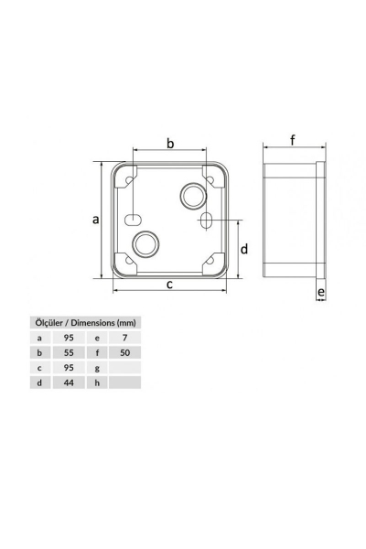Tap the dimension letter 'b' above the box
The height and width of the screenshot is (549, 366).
pos(169,143)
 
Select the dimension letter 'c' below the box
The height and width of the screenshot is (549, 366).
pos(169,285)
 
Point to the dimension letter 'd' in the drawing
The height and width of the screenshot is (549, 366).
pos(244,249)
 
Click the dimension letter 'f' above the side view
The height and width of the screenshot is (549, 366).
pos(292,140)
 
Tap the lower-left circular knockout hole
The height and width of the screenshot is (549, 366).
pos(145,243)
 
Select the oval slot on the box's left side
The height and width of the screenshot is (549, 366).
pos(133,220)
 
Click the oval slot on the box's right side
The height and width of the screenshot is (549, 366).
pos(206,221)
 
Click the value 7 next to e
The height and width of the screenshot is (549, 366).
pos(124,338)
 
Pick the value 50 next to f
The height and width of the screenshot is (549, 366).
pos(124,352)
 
